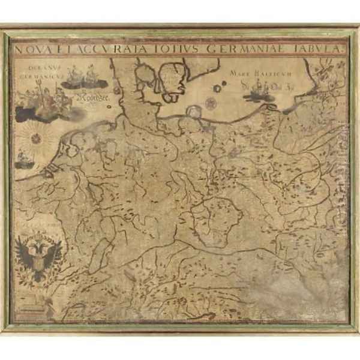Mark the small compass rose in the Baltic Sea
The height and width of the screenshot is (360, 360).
[x=215, y=89]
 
